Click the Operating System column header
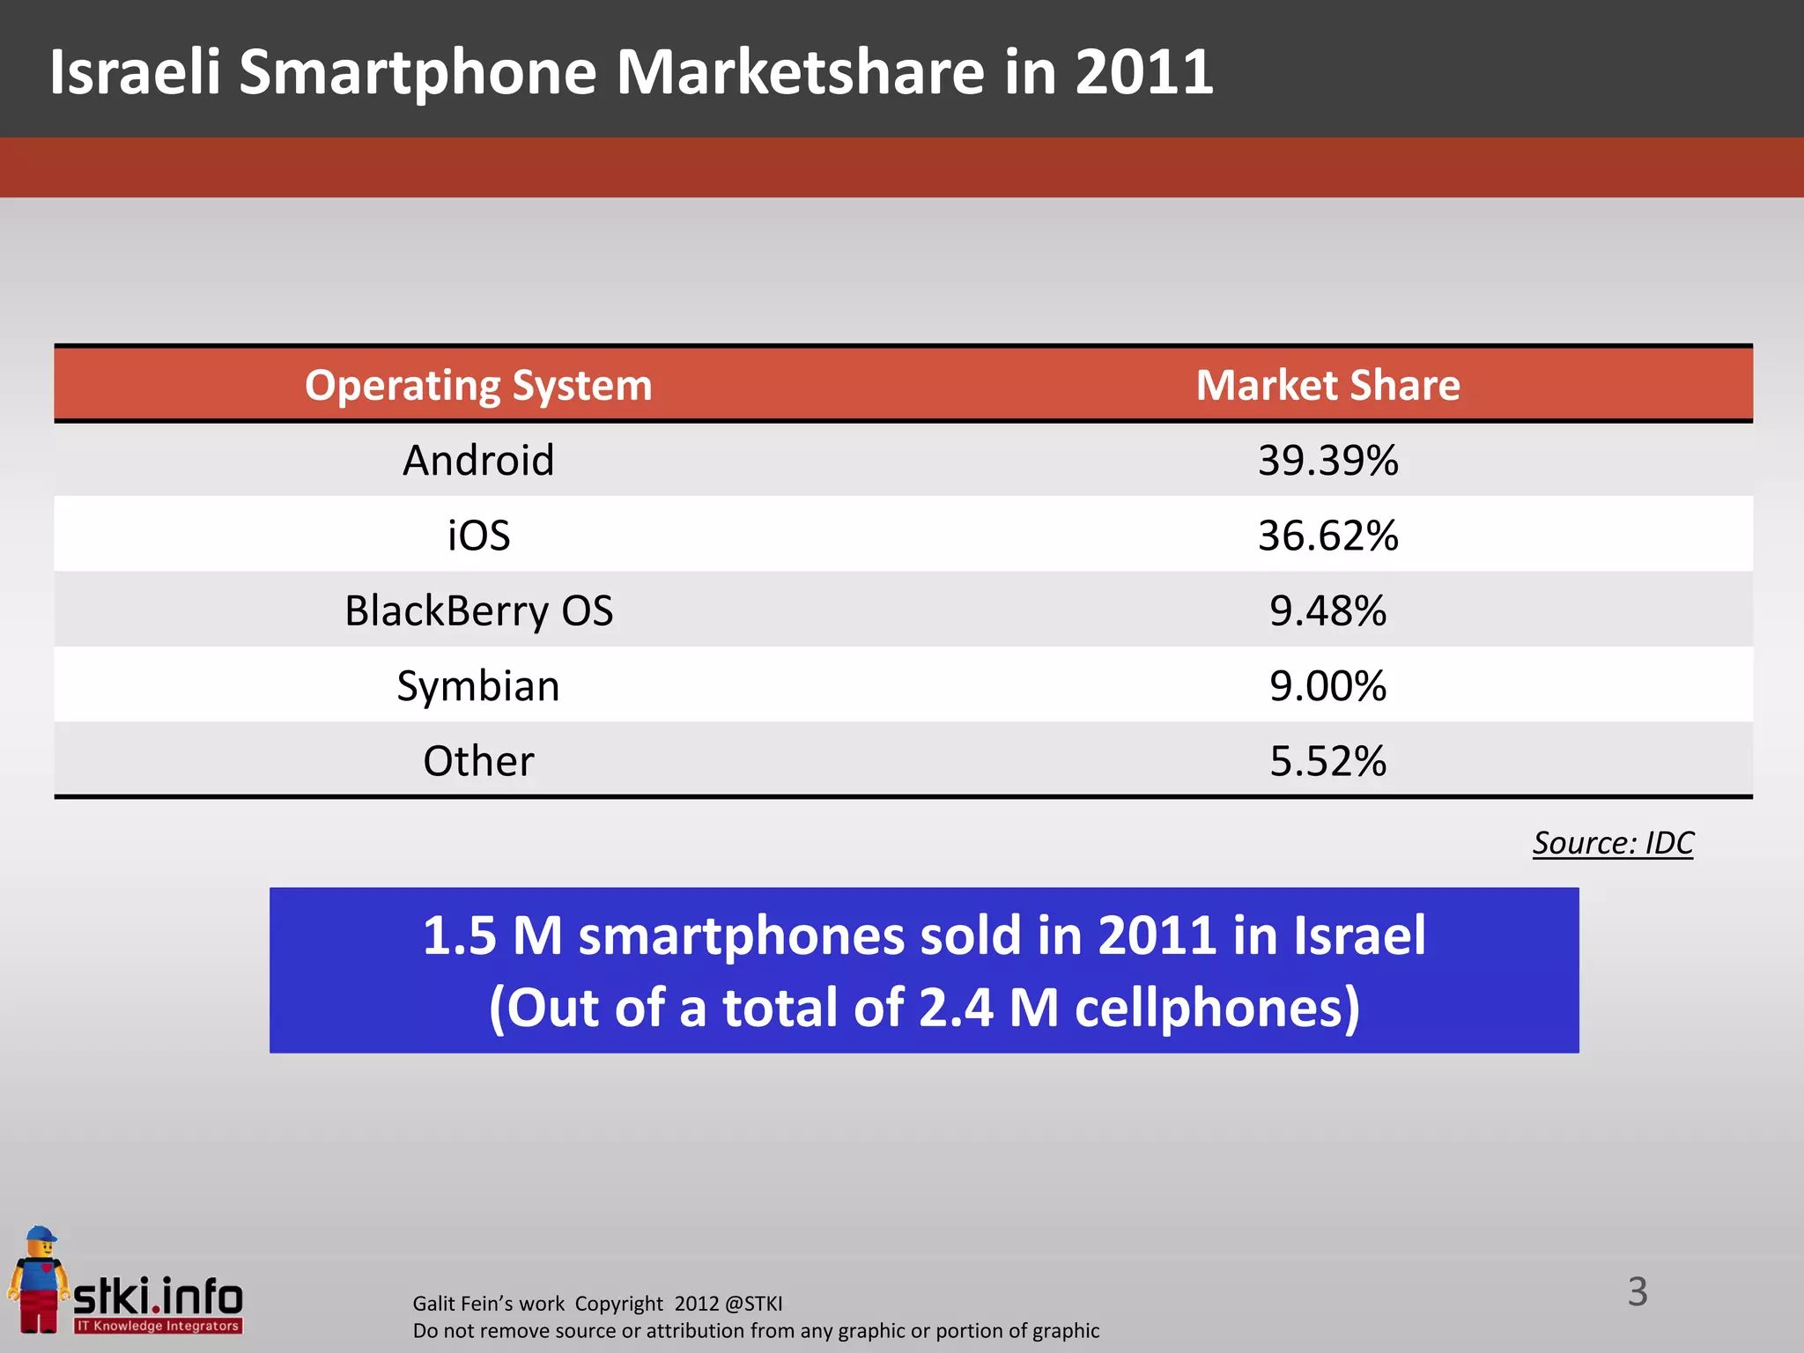[x=478, y=386]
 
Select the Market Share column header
[x=1327, y=386]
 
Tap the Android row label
[x=478, y=461]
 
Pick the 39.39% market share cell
[x=1327, y=461]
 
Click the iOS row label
[x=478, y=536]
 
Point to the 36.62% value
[x=1327, y=536]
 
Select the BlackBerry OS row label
[x=478, y=611]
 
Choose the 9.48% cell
[x=1327, y=611]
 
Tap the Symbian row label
[x=478, y=686]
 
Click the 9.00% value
[x=1327, y=686]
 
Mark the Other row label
[x=478, y=761]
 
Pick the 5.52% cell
[x=1327, y=761]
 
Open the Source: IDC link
[x=1612, y=843]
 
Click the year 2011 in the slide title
[x=1143, y=72]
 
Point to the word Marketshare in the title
[x=800, y=72]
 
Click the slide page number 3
[x=1637, y=1292]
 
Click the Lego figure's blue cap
[x=41, y=1234]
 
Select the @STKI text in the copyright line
[x=753, y=1304]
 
